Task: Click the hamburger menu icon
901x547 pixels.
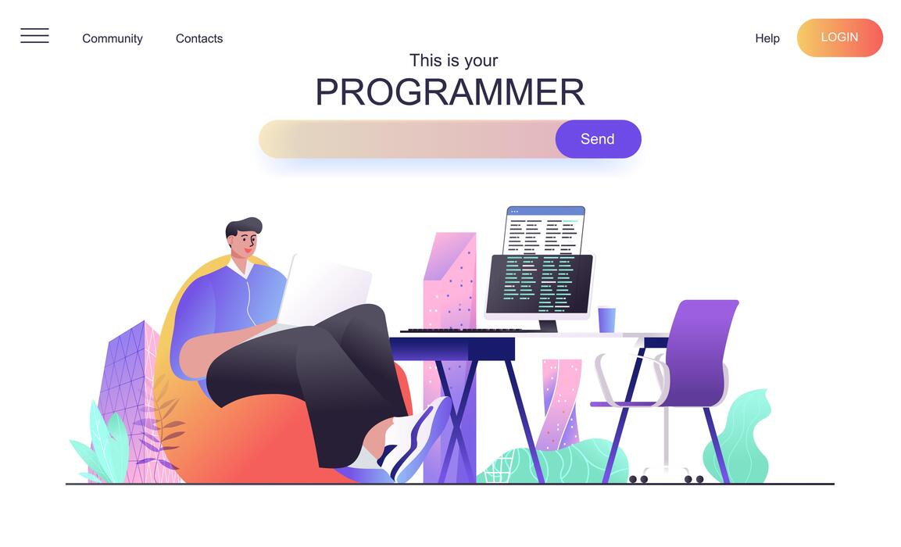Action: [34, 36]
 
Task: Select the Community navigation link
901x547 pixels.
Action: [113, 38]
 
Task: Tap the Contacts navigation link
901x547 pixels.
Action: [199, 38]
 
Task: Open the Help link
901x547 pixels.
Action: [767, 38]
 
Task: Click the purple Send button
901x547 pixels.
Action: [598, 139]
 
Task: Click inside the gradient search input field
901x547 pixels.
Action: [406, 139]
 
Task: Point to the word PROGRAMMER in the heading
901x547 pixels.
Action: [449, 92]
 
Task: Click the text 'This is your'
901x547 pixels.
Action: [453, 60]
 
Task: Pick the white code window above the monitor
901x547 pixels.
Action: [545, 230]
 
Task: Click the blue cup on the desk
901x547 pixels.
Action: [606, 319]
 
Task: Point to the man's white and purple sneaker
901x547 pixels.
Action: [418, 438]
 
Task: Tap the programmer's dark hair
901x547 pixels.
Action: [243, 226]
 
